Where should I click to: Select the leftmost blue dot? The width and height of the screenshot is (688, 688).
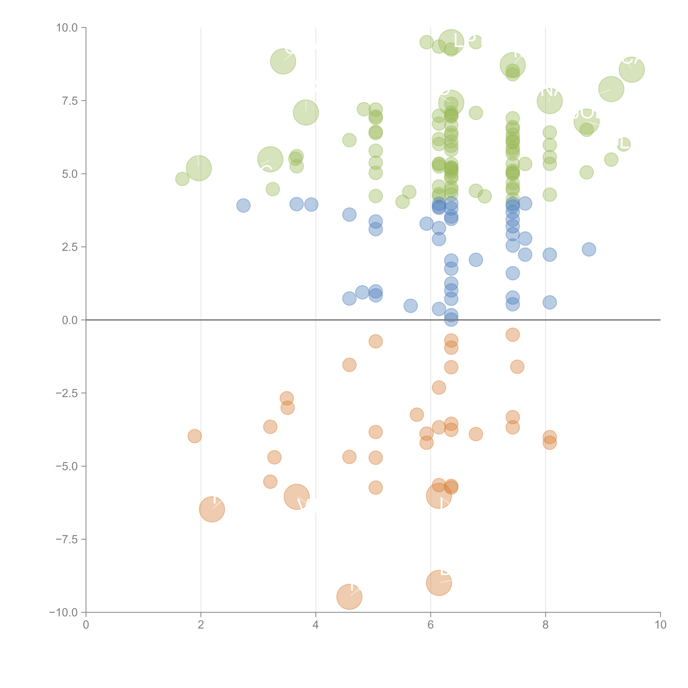[x=243, y=205]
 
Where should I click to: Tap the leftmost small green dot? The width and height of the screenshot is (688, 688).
[x=182, y=179]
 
